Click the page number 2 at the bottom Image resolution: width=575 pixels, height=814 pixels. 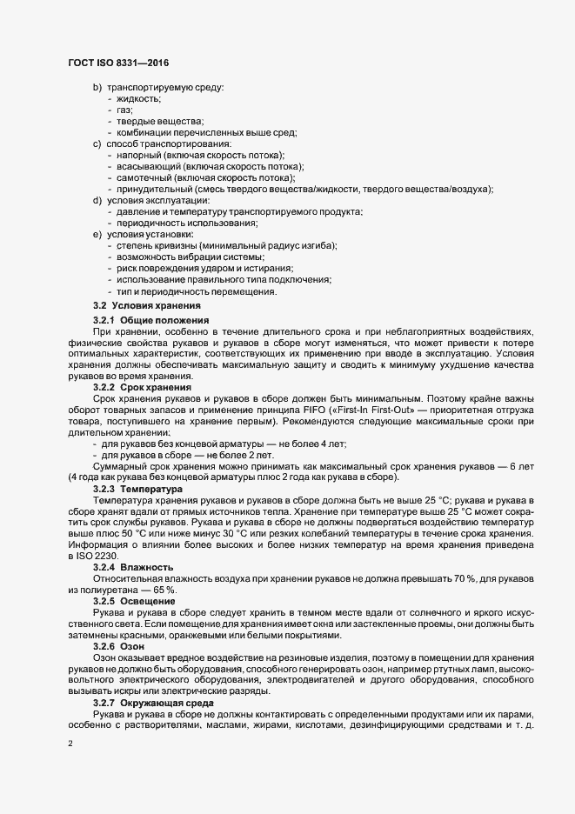coord(70,744)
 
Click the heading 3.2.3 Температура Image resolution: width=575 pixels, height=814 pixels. coord(141,489)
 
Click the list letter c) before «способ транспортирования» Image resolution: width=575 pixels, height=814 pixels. coord(97,143)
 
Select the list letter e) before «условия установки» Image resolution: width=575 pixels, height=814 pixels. coord(97,235)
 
